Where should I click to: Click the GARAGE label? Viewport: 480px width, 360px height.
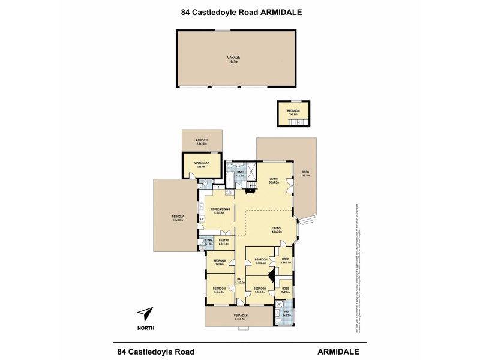pyautogui.click(x=233, y=58)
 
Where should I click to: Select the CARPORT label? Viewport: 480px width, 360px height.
pyautogui.click(x=201, y=141)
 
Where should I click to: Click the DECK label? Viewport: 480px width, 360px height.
pyautogui.click(x=305, y=173)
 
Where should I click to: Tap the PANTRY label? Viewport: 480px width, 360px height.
pyautogui.click(x=223, y=241)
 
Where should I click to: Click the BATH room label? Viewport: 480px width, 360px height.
pyautogui.click(x=241, y=172)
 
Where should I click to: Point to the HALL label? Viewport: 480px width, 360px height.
pyautogui.click(x=240, y=280)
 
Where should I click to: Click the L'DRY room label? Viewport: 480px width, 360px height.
pyautogui.click(x=208, y=241)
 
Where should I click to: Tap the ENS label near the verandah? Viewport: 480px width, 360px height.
pyautogui.click(x=286, y=312)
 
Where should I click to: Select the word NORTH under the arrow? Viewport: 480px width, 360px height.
pyautogui.click(x=145, y=328)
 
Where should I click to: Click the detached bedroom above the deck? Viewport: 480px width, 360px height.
pyautogui.click(x=293, y=112)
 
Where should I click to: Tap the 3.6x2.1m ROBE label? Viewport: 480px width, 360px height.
pyautogui.click(x=286, y=260)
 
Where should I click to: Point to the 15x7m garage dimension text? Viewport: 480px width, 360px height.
pyautogui.click(x=233, y=61)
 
